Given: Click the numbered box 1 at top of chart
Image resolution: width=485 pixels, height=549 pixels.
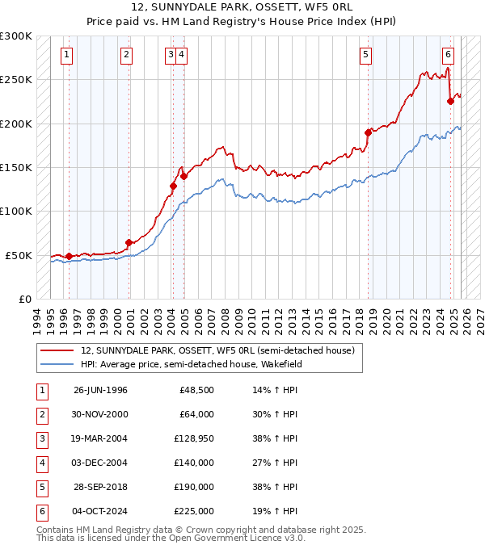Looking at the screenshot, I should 65,55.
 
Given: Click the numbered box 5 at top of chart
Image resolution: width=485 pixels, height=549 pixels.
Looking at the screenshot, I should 366,55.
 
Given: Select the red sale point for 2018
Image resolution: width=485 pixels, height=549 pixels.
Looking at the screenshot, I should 368,132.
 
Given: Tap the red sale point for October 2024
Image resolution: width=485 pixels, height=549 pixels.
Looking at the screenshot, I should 450,102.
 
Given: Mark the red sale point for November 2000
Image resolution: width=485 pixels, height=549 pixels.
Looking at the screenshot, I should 129,242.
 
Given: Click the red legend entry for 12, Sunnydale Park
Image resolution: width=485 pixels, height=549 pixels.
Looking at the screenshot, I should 217,351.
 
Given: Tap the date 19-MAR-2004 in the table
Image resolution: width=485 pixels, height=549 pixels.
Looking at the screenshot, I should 100,438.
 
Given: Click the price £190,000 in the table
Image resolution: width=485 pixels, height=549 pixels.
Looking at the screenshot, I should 193,487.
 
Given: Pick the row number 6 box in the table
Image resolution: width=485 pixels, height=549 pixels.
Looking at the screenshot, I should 41,511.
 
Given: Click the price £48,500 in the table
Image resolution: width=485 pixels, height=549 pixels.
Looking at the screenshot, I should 197,390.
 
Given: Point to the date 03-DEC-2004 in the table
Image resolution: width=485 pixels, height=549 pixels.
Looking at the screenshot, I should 100,463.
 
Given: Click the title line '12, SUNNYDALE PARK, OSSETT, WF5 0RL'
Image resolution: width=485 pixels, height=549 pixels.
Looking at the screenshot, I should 242,7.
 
